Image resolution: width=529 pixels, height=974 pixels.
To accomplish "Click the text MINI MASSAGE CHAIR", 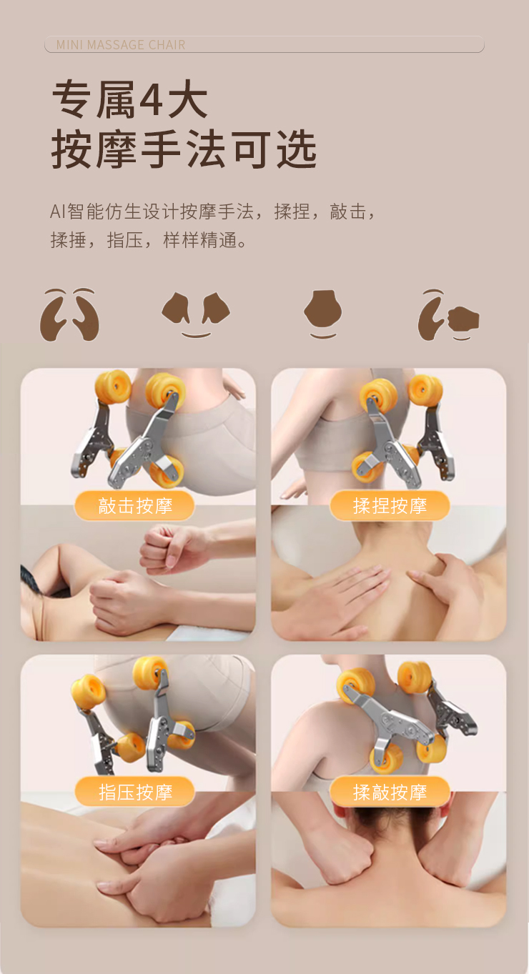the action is pos(121,45).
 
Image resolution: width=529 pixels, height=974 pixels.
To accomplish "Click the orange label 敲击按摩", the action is pos(135,506).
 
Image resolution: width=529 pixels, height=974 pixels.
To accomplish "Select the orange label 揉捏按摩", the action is pos(390,506).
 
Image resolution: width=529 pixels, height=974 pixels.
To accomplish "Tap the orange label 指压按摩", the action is pos(135,792).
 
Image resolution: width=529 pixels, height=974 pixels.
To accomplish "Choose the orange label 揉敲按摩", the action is pos(390,792).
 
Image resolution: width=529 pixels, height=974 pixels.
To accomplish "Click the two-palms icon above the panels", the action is pos(69,314).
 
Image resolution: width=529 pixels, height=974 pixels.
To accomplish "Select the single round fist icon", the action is pos(322,314).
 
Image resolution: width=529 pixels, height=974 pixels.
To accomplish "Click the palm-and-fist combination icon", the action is pos(448,315).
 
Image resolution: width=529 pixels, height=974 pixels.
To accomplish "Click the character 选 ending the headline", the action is pos(297,149).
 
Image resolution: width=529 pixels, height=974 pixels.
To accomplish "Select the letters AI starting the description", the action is pos(58,212).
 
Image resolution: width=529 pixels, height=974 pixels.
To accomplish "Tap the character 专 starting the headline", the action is pos(71,99).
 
